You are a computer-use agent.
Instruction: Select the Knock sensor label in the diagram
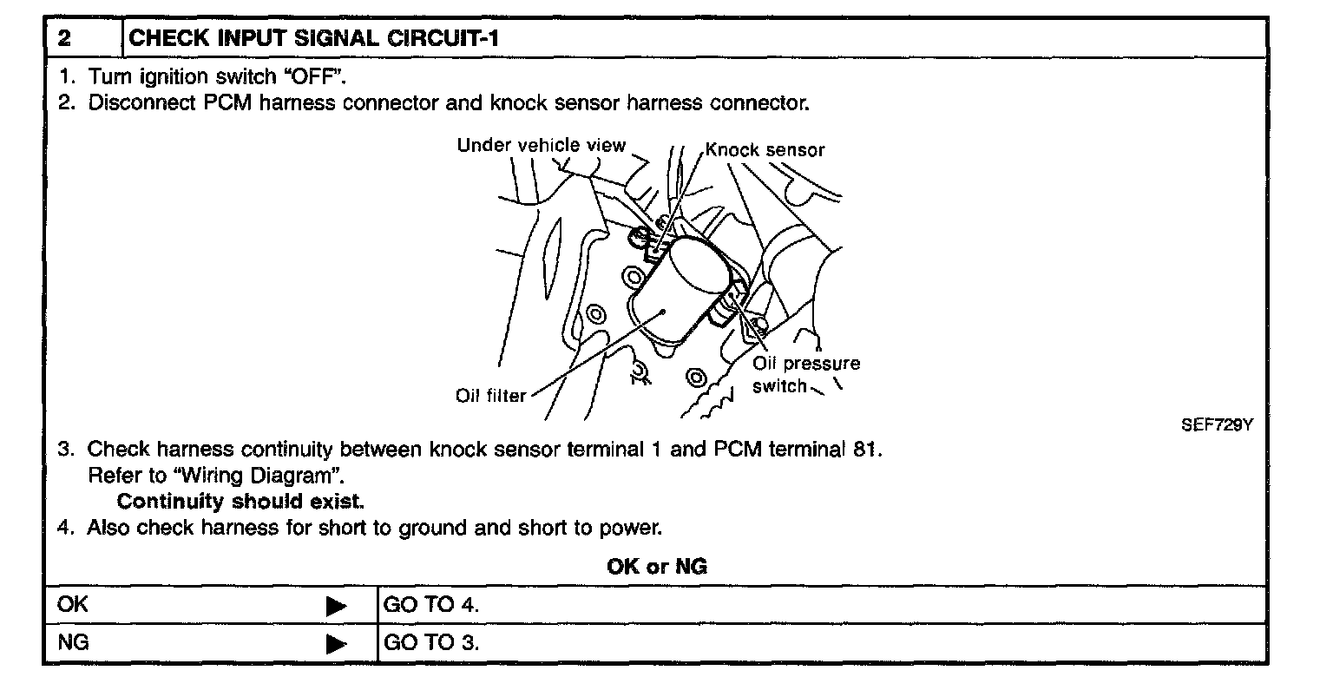coord(765,149)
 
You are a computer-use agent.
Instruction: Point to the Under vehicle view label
coord(541,145)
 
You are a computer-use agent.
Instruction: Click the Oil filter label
coord(490,396)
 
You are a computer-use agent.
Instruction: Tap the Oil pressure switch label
coord(805,375)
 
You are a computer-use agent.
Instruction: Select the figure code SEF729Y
coord(1218,426)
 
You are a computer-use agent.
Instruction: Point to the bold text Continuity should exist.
coord(241,502)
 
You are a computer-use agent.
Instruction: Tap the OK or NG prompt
coord(657,567)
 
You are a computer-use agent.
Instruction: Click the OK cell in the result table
coord(72,605)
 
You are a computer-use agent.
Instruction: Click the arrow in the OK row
coord(336,606)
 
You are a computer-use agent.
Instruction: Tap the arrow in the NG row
coord(336,644)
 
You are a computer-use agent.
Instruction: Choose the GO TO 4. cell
coord(430,605)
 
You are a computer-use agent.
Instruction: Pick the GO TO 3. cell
coord(430,643)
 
